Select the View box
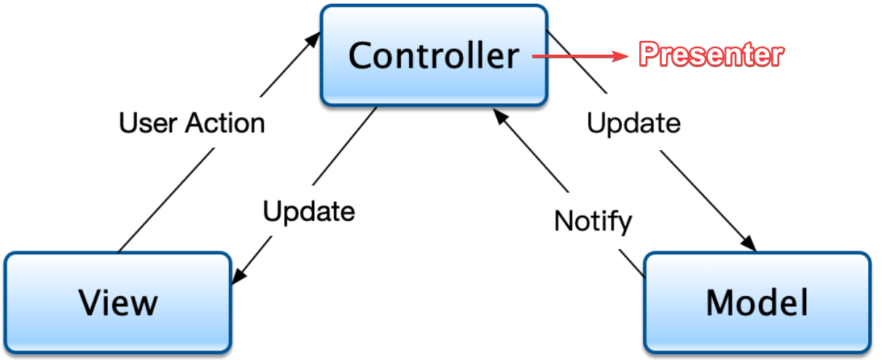pyautogui.click(x=118, y=302)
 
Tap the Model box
pyautogui.click(x=757, y=302)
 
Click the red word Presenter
pyautogui.click(x=711, y=55)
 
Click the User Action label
pyautogui.click(x=192, y=123)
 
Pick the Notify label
pyautogui.click(x=593, y=220)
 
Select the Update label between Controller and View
pyautogui.click(x=309, y=211)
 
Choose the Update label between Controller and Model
pyautogui.click(x=633, y=123)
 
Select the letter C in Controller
pyautogui.click(x=362, y=55)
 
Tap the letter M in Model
pyautogui.click(x=720, y=302)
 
